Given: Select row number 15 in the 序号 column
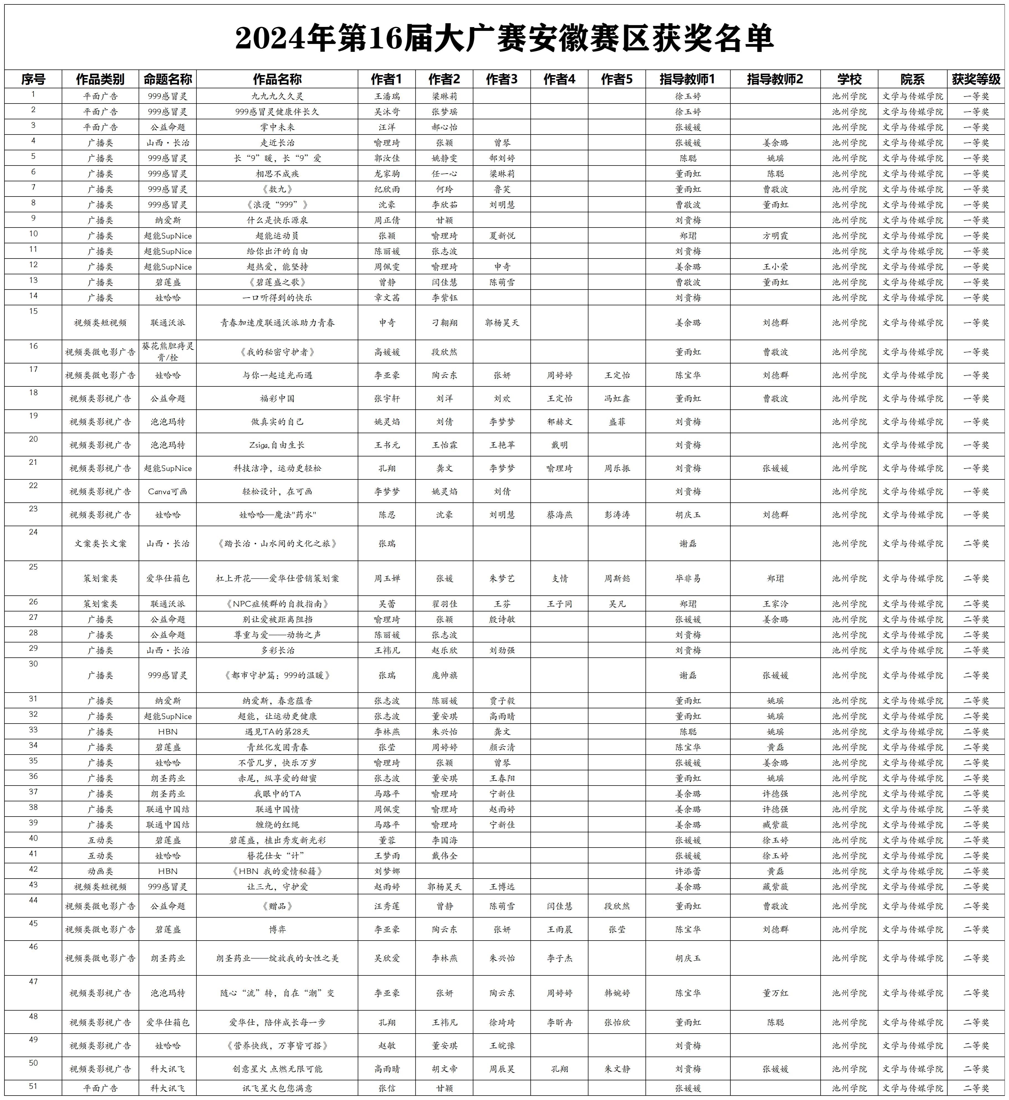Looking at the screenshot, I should pyautogui.click(x=33, y=311).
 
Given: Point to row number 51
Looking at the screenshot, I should pyautogui.click(x=33, y=1086).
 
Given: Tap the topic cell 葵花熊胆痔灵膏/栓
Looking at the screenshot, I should pyautogui.click(x=168, y=352).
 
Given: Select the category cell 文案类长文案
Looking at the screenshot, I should pyautogui.click(x=100, y=543).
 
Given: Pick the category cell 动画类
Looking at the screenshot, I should pyautogui.click(x=100, y=871).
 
